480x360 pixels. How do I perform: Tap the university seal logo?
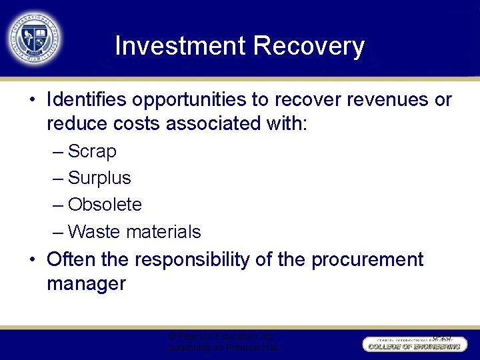pos(34,37)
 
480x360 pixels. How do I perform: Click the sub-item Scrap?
pos(92,152)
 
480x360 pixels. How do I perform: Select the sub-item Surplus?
pos(99,179)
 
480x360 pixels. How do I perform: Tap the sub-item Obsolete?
pos(105,205)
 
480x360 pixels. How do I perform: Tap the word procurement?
pos(367,259)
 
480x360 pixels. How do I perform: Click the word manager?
pos(86,284)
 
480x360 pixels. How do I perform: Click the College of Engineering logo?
pos(415,343)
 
